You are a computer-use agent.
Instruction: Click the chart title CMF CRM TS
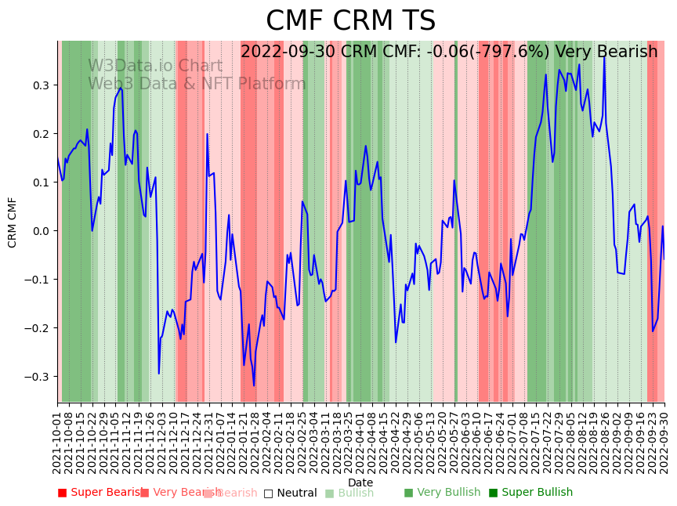point(350,21)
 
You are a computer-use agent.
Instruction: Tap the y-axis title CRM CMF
point(13,222)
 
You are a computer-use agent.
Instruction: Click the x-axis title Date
point(360,483)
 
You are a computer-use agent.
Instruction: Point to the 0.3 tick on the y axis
point(42,85)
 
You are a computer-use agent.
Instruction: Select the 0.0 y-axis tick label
point(42,230)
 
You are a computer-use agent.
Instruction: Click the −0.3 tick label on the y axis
point(38,376)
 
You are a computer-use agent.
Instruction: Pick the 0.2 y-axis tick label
point(42,133)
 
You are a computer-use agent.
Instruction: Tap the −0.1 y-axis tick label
point(38,279)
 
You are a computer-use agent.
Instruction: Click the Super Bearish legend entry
point(103,493)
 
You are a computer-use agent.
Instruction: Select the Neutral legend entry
point(291,493)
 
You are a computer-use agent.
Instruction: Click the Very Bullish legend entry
point(442,493)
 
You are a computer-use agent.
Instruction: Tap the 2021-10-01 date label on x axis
point(57,442)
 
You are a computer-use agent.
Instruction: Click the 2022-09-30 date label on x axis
point(665,442)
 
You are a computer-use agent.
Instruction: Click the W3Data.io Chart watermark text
point(155,66)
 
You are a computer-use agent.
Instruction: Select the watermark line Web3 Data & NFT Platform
point(197,84)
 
